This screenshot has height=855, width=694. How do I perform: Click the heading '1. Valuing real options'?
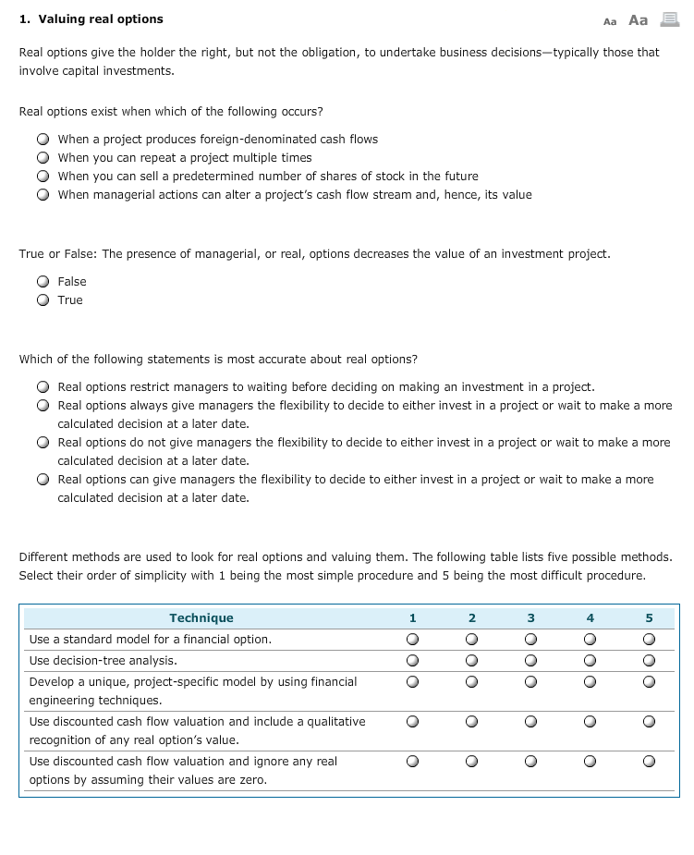click(x=91, y=19)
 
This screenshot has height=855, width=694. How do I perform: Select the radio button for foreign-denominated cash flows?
click(x=43, y=140)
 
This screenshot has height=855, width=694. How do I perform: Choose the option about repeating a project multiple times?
click(x=43, y=158)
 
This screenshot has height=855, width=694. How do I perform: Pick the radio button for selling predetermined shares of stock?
click(x=43, y=177)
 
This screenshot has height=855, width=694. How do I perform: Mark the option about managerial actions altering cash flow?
click(x=43, y=195)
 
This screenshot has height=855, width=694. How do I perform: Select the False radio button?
click(x=43, y=282)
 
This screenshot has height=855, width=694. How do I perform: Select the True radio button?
click(x=43, y=300)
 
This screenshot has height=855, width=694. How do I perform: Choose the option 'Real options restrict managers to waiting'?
click(x=43, y=387)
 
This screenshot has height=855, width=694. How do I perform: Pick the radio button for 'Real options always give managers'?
click(x=43, y=406)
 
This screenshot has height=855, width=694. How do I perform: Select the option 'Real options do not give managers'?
click(x=43, y=443)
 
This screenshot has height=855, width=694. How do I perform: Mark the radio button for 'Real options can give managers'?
click(x=43, y=480)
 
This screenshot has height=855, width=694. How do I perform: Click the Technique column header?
click(x=201, y=618)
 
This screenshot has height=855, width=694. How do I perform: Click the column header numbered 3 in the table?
click(x=530, y=618)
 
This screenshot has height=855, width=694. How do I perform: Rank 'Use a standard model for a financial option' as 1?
click(x=412, y=640)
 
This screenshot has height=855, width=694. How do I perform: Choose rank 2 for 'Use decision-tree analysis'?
click(x=471, y=661)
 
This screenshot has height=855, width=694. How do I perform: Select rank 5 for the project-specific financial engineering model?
click(x=649, y=682)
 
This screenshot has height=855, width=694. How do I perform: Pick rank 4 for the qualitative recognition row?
click(x=590, y=722)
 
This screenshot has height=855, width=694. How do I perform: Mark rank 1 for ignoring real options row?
click(x=412, y=762)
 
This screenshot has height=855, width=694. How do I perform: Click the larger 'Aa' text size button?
click(x=638, y=19)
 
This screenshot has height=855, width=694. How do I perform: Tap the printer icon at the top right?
click(x=669, y=19)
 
